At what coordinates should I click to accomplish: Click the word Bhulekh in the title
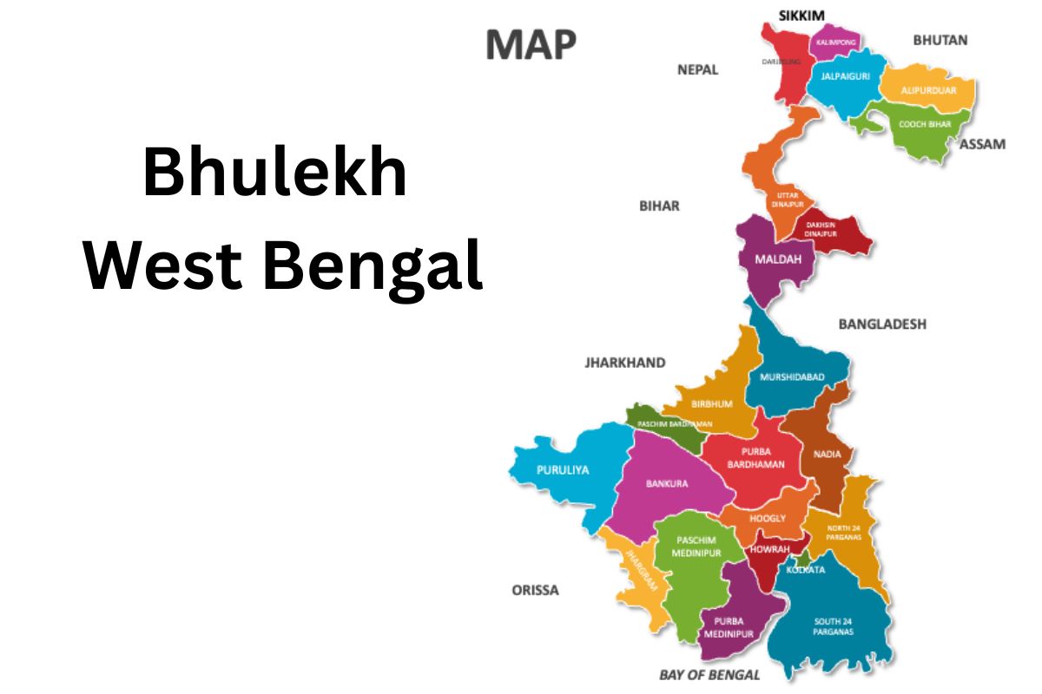point(275,174)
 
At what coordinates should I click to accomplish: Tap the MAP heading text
point(531,45)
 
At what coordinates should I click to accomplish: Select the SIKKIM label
point(801,14)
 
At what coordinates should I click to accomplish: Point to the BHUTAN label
point(940,40)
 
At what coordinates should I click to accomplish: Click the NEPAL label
point(697,69)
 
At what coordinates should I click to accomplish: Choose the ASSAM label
point(982,144)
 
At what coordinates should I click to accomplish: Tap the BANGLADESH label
point(881,324)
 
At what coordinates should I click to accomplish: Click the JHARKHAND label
point(625,363)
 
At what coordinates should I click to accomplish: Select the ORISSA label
point(535,590)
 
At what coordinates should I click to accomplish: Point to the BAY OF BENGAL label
point(709,674)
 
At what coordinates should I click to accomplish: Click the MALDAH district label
point(772,259)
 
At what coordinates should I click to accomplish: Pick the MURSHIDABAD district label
point(791,377)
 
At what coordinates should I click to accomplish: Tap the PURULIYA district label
point(563,469)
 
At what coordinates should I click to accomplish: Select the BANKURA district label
point(667,483)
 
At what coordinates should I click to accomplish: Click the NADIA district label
point(827,454)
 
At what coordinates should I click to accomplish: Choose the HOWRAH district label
point(769,549)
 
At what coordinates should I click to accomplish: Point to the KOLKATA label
point(805,570)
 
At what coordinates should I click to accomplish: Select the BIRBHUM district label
point(712,404)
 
